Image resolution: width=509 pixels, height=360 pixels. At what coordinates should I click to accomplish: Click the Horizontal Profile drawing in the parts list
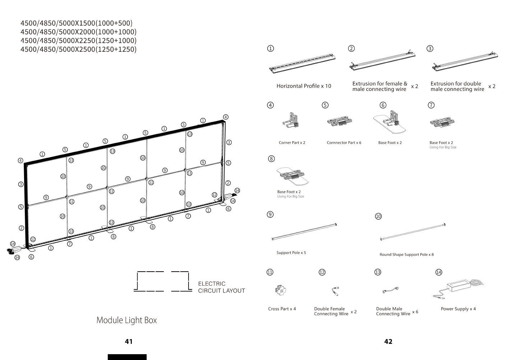tap(302, 63)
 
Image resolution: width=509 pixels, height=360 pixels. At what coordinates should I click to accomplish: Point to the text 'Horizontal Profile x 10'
tap(304, 86)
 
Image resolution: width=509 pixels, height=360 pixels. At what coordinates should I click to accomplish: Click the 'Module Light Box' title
tap(126, 320)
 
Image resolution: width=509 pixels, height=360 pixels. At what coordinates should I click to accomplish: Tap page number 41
tap(129, 341)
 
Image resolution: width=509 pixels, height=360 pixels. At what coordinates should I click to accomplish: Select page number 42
tap(388, 341)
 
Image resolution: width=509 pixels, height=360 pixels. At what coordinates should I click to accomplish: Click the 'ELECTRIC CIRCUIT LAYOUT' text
tap(221, 287)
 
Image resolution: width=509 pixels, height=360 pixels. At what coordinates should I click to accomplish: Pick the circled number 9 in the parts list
tap(270, 214)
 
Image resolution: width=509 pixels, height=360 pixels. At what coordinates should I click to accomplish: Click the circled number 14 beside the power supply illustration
tap(439, 272)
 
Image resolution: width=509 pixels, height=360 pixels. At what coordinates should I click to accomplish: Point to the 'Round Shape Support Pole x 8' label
tap(406, 255)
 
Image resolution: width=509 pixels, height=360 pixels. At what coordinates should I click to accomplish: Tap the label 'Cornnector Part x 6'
tap(344, 143)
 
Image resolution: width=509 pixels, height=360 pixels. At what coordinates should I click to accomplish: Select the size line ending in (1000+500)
tap(76, 23)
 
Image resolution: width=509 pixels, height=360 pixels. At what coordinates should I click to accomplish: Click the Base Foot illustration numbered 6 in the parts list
tap(390, 121)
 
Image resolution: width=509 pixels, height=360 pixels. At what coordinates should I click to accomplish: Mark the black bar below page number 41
tap(127, 357)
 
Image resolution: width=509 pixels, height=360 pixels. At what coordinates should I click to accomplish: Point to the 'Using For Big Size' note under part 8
tap(291, 197)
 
